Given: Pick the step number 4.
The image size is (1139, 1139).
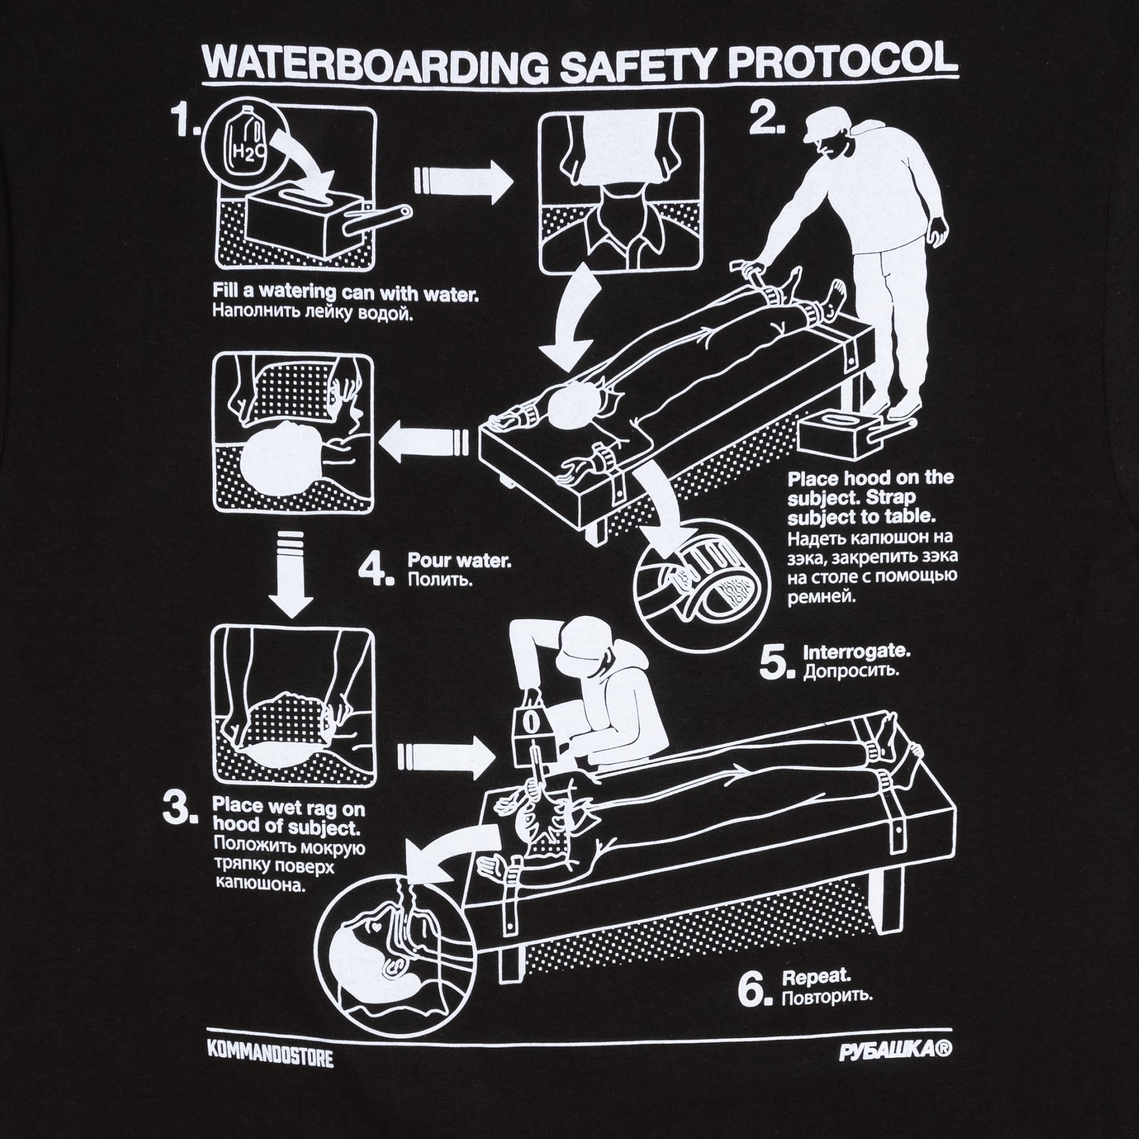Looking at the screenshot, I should [x=375, y=569].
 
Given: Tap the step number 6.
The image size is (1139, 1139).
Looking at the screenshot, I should [x=754, y=991].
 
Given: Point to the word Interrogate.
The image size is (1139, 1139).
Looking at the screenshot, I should [x=856, y=651].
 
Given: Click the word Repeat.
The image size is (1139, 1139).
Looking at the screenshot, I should [x=816, y=976].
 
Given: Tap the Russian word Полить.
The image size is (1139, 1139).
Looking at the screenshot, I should [x=440, y=580].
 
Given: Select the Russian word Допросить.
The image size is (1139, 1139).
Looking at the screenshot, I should [x=851, y=671].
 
